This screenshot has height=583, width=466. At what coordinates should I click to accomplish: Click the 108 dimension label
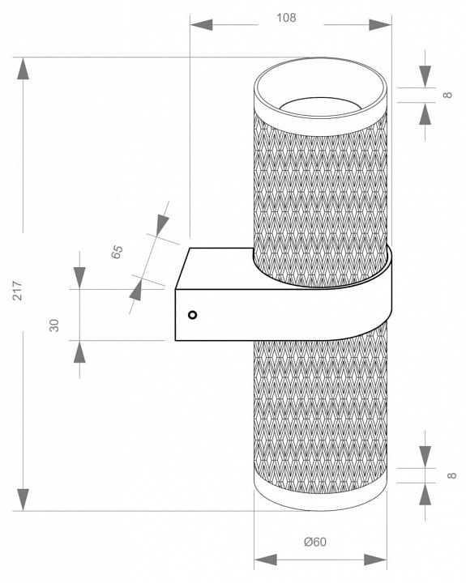click(x=286, y=18)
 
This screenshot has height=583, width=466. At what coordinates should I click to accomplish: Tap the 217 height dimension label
click(x=18, y=291)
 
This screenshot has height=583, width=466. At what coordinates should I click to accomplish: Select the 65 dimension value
click(x=117, y=252)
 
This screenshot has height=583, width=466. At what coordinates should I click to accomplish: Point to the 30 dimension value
click(x=54, y=326)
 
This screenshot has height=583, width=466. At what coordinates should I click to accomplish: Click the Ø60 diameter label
click(x=315, y=542)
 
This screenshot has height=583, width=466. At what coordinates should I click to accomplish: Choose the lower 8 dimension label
click(x=451, y=475)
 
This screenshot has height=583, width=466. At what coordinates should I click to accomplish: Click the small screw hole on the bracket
click(x=192, y=315)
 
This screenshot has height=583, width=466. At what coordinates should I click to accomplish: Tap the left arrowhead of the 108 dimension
click(x=201, y=25)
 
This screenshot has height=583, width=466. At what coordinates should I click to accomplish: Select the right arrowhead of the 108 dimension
click(x=380, y=25)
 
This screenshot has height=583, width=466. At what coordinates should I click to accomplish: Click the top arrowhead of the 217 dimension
click(x=23, y=68)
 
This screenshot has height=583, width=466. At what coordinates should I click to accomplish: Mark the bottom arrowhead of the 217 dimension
click(x=23, y=500)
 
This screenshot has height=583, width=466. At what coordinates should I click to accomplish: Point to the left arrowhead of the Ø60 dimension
click(x=265, y=560)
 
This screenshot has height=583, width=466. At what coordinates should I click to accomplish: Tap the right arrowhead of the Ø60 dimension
click(x=375, y=560)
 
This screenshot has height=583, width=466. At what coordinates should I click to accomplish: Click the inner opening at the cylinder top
click(x=320, y=105)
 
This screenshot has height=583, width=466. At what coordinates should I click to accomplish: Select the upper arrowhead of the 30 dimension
click(x=79, y=278)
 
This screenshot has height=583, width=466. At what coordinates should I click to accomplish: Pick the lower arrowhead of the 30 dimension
click(x=79, y=351)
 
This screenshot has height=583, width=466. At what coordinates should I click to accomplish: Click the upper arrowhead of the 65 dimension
click(x=162, y=224)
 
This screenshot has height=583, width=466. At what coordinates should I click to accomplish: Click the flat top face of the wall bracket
click(x=220, y=268)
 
